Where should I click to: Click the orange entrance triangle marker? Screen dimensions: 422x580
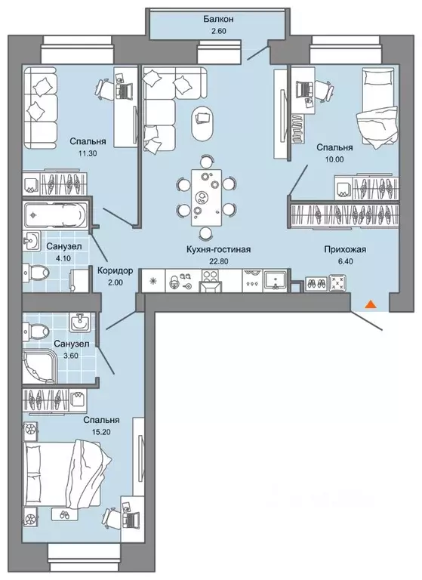click(x=370, y=304)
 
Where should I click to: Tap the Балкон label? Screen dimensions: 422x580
click(x=219, y=19)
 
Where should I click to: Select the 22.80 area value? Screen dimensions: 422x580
click(x=218, y=261)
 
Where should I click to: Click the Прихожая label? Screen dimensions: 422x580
click(x=345, y=249)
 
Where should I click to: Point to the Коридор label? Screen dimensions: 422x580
click(x=115, y=271)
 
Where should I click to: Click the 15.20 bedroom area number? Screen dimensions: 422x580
click(x=101, y=431)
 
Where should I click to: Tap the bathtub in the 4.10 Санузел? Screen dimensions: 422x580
click(x=55, y=214)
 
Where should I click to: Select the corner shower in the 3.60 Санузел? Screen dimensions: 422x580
click(x=40, y=366)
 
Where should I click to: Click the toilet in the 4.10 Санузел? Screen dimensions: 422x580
click(x=35, y=272)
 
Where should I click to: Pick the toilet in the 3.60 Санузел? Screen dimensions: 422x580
click(x=35, y=328)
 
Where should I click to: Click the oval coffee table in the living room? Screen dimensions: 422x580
click(x=203, y=122)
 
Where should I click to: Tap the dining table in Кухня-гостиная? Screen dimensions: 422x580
click(x=206, y=197)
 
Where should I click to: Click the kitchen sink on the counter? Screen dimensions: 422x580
click(x=275, y=281)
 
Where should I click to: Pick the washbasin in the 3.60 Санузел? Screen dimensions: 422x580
click(x=79, y=322)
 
